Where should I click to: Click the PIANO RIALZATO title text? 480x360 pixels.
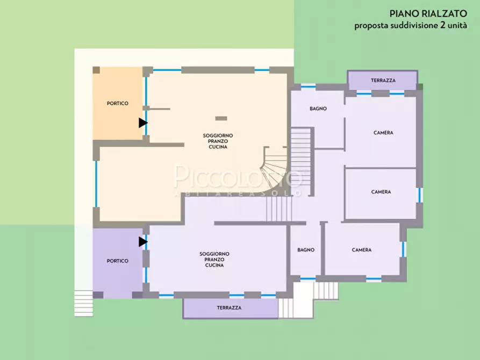pyautogui.click(x=428, y=14)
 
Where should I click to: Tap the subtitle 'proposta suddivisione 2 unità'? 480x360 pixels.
pyautogui.click(x=411, y=25)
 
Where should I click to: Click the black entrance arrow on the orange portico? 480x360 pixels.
pyautogui.click(x=143, y=123)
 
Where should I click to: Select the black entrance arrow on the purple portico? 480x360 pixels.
pyautogui.click(x=143, y=242)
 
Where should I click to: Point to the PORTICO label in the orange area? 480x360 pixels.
pyautogui.click(x=118, y=104)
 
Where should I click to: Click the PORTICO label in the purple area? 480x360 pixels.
pyautogui.click(x=118, y=261)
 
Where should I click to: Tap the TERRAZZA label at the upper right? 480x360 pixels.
pyautogui.click(x=383, y=81)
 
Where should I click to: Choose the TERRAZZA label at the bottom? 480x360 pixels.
pyautogui.click(x=229, y=308)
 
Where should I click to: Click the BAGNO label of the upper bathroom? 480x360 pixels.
pyautogui.click(x=318, y=109)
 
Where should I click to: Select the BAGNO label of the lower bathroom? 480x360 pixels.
pyautogui.click(x=306, y=250)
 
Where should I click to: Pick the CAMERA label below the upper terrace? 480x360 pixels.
pyautogui.click(x=383, y=133)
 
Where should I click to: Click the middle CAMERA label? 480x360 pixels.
pyautogui.click(x=381, y=192)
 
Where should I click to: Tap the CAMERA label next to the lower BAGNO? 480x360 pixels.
pyautogui.click(x=362, y=250)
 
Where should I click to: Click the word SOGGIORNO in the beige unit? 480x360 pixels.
pyautogui.click(x=218, y=135)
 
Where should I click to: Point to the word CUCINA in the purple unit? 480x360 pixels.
pyautogui.click(x=214, y=265)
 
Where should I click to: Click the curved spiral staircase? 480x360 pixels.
pyautogui.click(x=274, y=170)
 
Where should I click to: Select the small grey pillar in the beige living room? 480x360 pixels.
pyautogui.click(x=221, y=118)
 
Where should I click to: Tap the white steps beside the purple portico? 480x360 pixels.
pyautogui.click(x=83, y=303)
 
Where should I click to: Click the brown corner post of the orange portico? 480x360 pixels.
pyautogui.click(x=96, y=70)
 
